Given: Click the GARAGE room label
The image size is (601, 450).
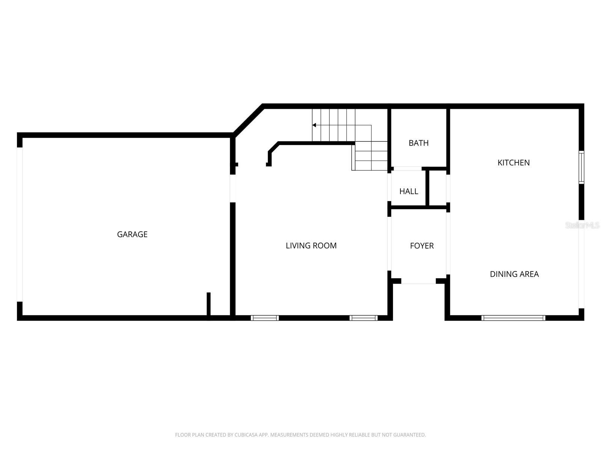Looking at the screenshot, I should [132, 234].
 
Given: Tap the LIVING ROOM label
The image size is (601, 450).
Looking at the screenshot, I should [311, 246].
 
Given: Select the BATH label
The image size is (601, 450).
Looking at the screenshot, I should [418, 143].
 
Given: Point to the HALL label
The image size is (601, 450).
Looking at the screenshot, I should [409, 191].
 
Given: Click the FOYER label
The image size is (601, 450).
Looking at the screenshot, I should [422, 246].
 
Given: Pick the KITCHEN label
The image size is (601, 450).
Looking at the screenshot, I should [513, 163].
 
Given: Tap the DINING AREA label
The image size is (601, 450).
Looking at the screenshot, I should [514, 274].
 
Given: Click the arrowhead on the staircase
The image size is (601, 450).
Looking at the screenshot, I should [314, 125].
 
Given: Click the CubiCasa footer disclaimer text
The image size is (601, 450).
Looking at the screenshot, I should [300, 435].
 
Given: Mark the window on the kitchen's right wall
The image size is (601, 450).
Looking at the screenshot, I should [581, 167].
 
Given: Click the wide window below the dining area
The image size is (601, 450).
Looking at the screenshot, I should [513, 318].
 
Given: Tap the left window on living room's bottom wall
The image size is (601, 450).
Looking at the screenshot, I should [265, 318].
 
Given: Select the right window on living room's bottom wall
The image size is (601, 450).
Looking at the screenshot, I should [363, 318].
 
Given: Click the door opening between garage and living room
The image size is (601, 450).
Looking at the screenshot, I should [233, 188].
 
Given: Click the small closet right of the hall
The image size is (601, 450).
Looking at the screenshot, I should [438, 188].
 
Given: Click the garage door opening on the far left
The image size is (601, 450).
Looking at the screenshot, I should [20, 224].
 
